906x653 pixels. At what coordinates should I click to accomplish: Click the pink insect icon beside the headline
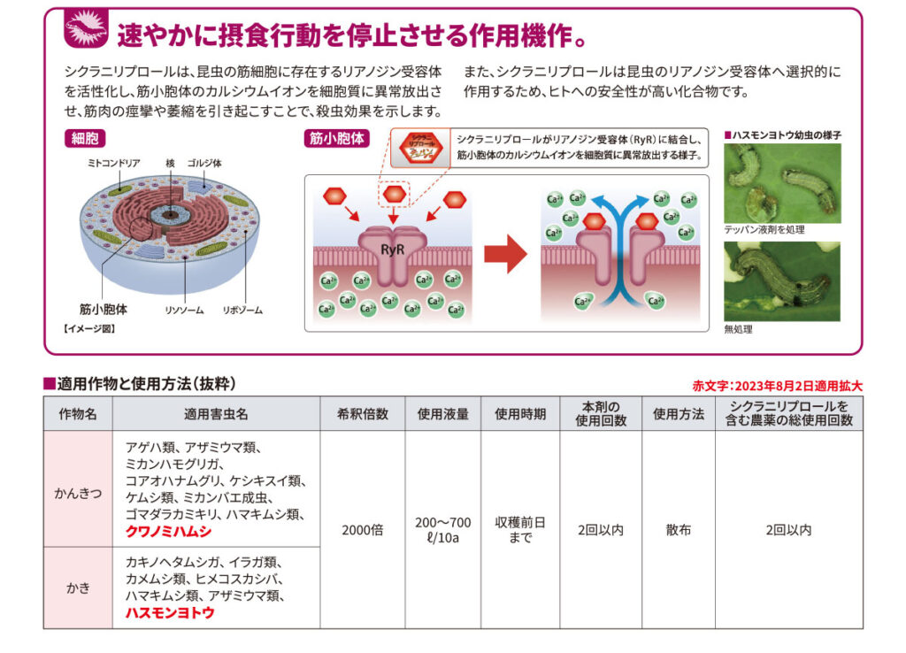coord(86,30)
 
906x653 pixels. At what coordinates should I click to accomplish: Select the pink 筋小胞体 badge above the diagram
coord(336,139)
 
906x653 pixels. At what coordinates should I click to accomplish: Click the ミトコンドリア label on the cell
coord(114,164)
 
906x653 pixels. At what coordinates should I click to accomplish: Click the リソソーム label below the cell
coord(185,311)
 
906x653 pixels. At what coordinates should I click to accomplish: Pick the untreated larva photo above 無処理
coord(781,280)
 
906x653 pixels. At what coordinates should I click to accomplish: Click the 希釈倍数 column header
coord(363,414)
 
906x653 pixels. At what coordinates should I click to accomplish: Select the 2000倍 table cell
coord(363,530)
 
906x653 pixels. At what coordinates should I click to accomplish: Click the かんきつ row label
coord(78,489)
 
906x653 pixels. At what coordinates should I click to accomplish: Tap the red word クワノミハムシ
coord(168,533)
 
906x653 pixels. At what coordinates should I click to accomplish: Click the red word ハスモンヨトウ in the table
coord(170,612)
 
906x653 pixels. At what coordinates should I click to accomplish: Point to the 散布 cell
coord(679,530)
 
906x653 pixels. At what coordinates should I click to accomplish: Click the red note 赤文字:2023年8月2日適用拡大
coord(777,386)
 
